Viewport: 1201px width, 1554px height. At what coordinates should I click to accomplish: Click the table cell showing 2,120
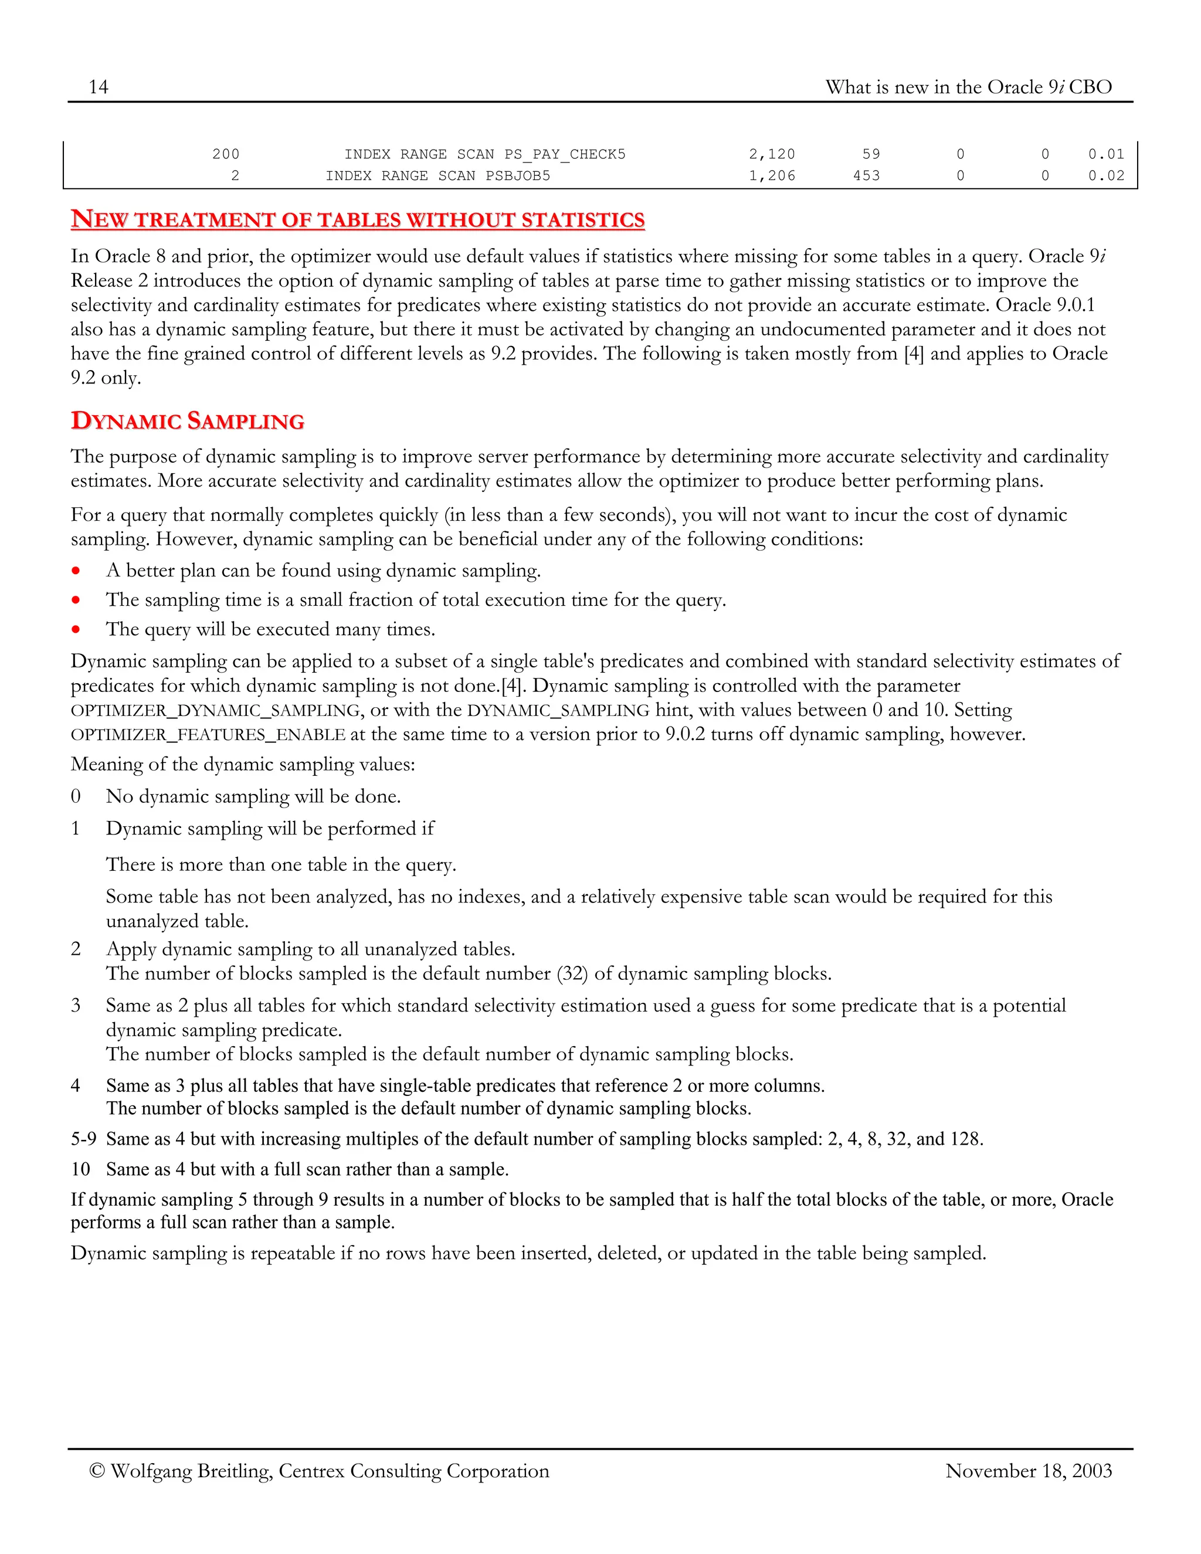pos(771,154)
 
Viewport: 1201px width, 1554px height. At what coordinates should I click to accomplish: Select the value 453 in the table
pos(866,176)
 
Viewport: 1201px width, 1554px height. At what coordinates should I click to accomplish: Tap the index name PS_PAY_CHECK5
pos(565,154)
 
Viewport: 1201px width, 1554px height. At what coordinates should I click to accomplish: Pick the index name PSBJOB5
pos(517,176)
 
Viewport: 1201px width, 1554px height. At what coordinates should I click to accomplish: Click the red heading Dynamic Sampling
pos(188,421)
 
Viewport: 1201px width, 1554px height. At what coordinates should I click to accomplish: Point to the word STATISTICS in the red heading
pos(583,220)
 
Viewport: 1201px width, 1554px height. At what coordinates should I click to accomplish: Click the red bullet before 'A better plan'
pos(76,571)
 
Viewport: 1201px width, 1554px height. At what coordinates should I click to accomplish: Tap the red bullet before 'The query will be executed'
pos(76,630)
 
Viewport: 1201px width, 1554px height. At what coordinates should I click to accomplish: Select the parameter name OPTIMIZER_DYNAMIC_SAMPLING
pos(216,711)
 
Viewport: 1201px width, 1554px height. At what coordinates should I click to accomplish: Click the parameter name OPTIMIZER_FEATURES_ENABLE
pos(208,735)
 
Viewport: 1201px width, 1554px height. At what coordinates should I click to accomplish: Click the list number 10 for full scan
pos(80,1169)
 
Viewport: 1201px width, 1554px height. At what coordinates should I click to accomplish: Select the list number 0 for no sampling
pos(76,796)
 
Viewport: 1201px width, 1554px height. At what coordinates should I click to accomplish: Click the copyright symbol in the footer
pos(97,1471)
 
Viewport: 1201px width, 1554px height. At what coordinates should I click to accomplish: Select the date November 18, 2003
pos(1028,1471)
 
